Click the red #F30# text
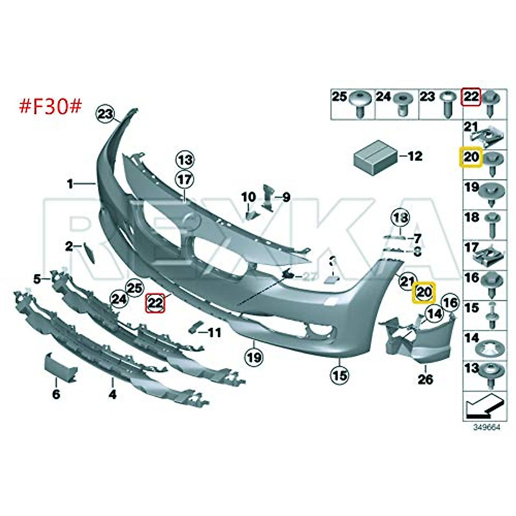pyautogui.click(x=50, y=106)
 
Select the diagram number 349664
pyautogui.click(x=487, y=428)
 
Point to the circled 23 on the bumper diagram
pyautogui.click(x=106, y=114)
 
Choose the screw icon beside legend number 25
pyautogui.click(x=360, y=103)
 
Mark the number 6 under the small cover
pyautogui.click(x=56, y=394)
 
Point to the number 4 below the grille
pyautogui.click(x=112, y=394)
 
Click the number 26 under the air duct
pyautogui.click(x=425, y=379)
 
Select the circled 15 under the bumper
pyautogui.click(x=339, y=375)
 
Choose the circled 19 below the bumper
pyautogui.click(x=254, y=356)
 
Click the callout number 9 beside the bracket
pyautogui.click(x=286, y=197)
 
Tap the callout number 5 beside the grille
pyautogui.click(x=37, y=279)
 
